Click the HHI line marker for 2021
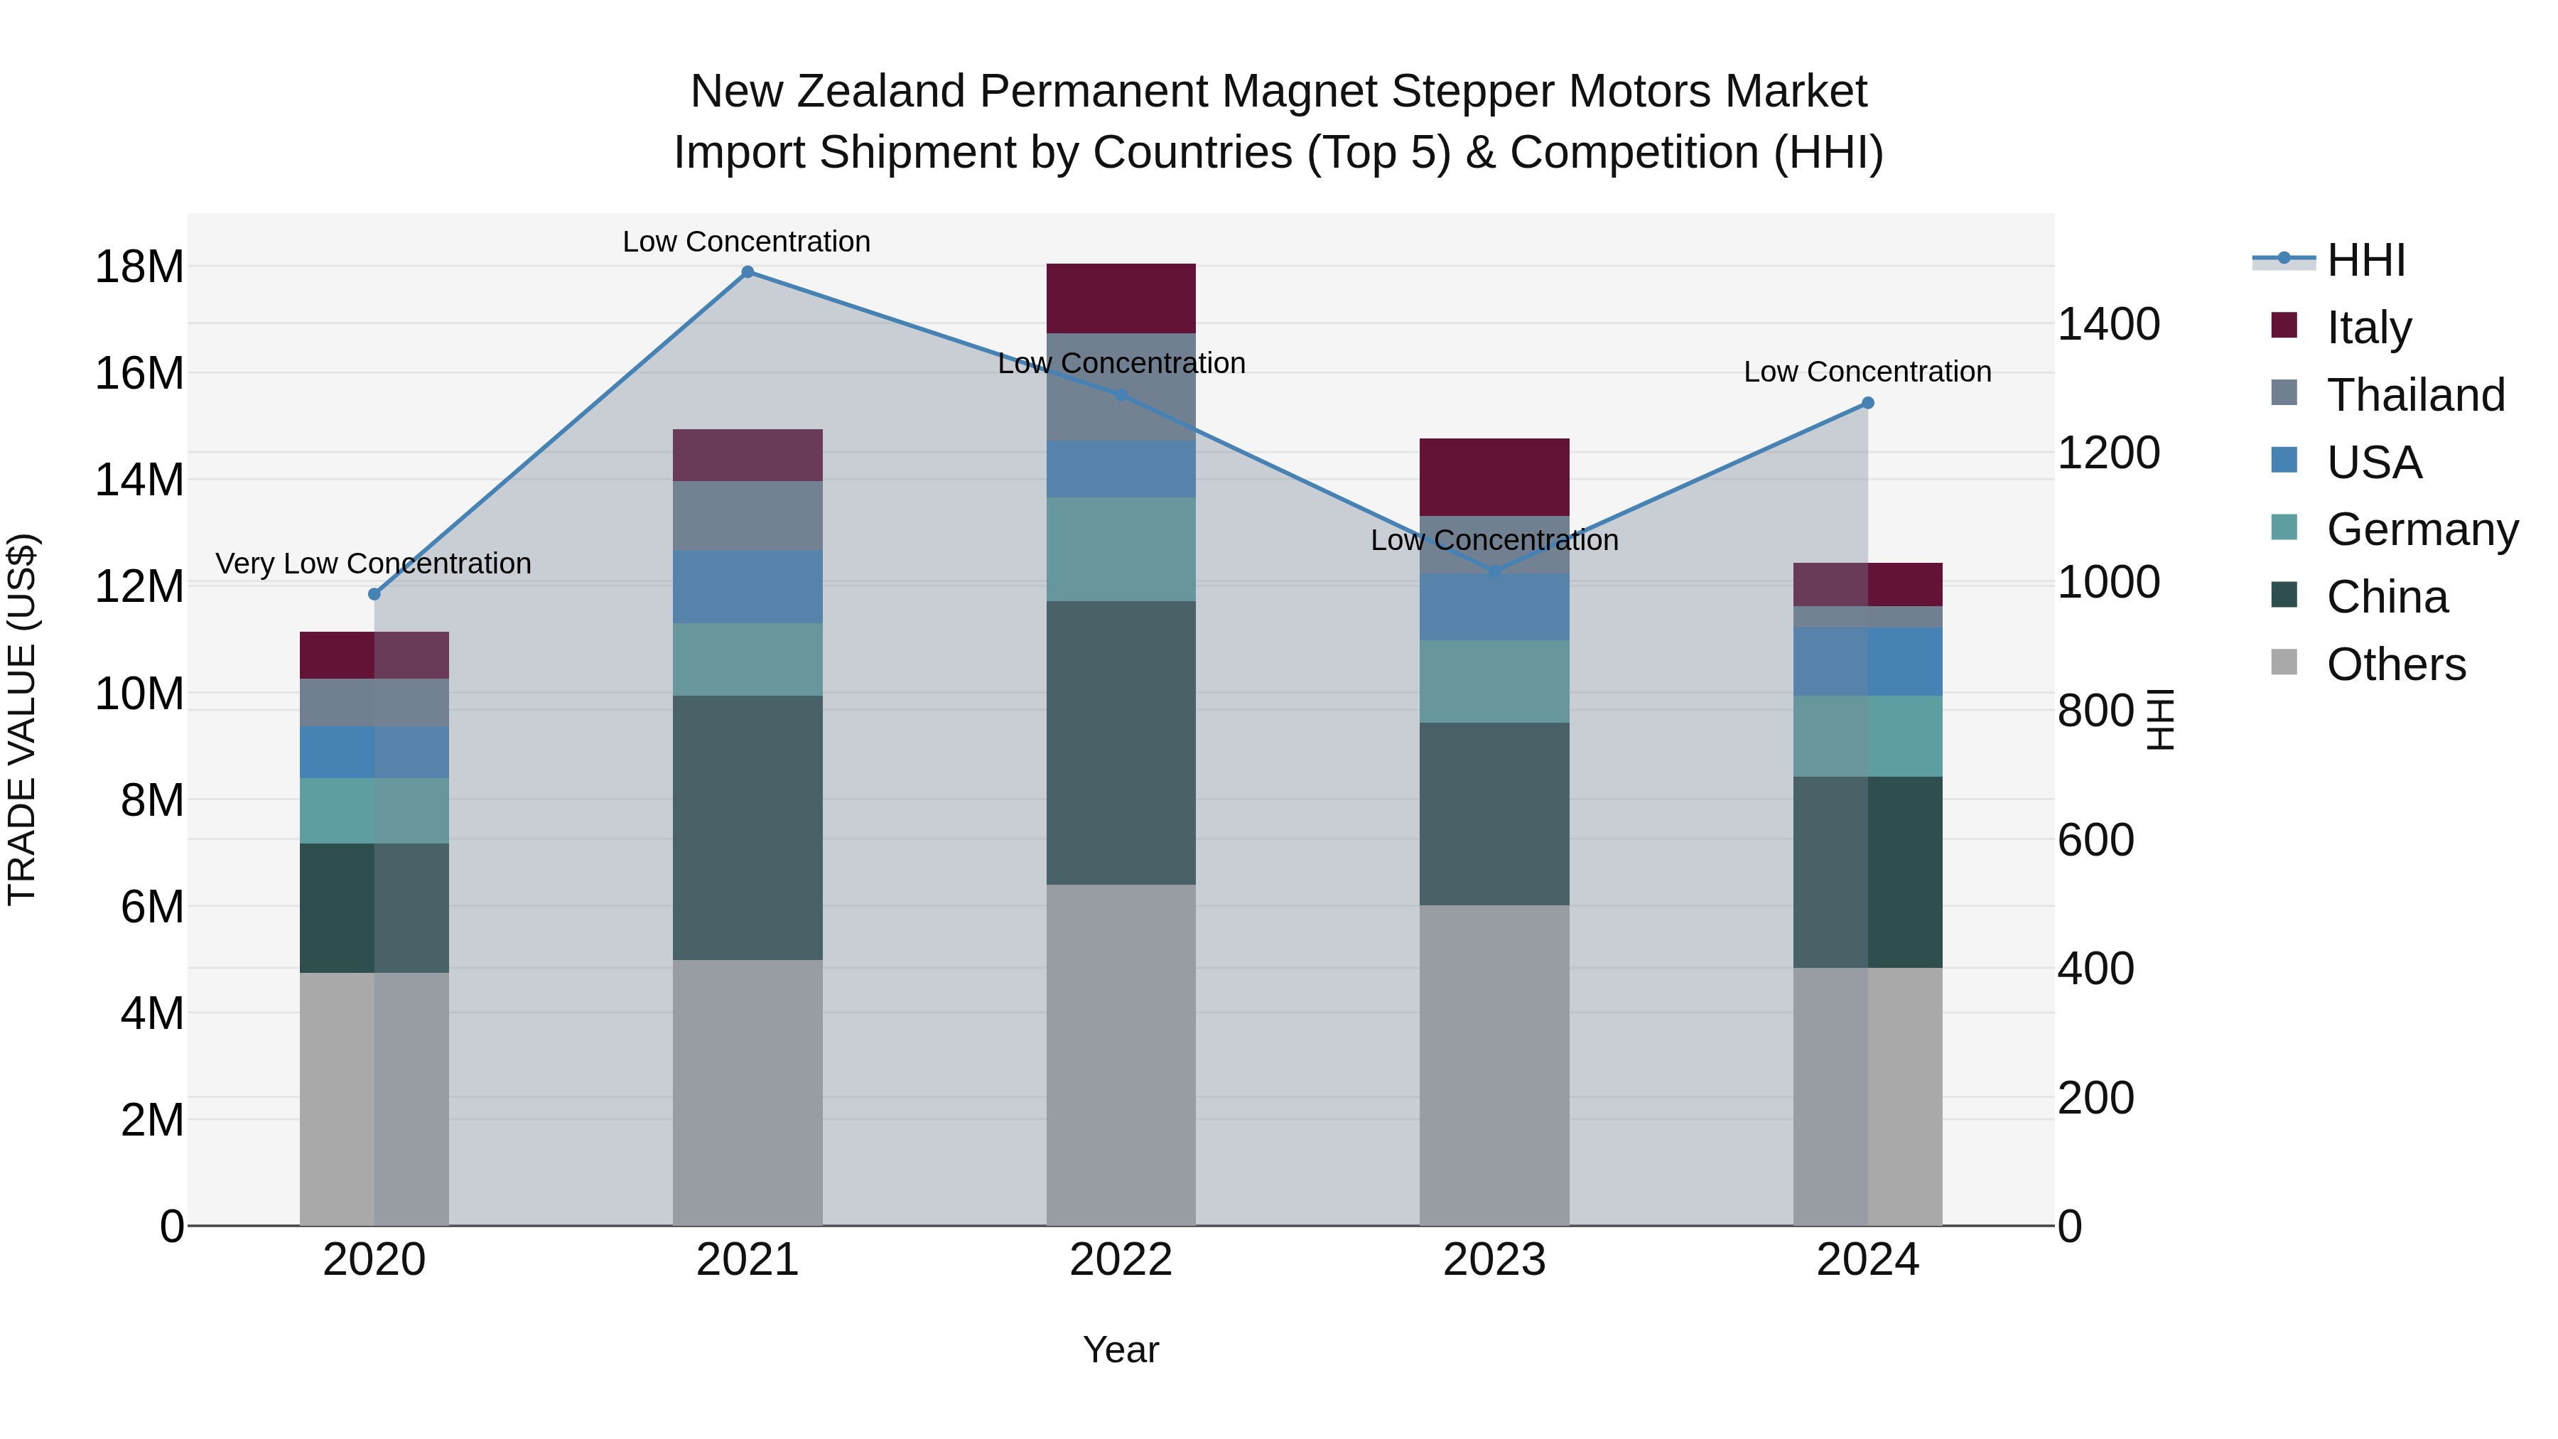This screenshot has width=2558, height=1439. [x=748, y=272]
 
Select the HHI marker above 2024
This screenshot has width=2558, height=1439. [x=1868, y=403]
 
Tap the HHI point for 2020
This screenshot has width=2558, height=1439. [x=374, y=595]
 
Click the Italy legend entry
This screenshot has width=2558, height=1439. [x=2368, y=328]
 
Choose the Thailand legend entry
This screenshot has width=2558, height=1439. [x=2415, y=395]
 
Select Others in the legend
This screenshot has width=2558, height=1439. [x=2395, y=664]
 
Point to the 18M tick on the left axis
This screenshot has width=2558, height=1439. [x=139, y=267]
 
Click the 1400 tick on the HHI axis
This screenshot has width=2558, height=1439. [x=2108, y=325]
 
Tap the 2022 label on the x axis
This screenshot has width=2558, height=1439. [x=1121, y=1260]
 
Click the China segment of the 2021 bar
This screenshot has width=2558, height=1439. [x=748, y=827]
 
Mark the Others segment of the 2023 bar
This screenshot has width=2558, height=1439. [x=1494, y=1065]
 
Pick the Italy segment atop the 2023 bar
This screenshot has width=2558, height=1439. [x=1494, y=477]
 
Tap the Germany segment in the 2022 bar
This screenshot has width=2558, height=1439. [x=1121, y=549]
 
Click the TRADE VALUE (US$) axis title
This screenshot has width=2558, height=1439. [x=22, y=719]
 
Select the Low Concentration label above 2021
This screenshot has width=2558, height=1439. [x=747, y=242]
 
